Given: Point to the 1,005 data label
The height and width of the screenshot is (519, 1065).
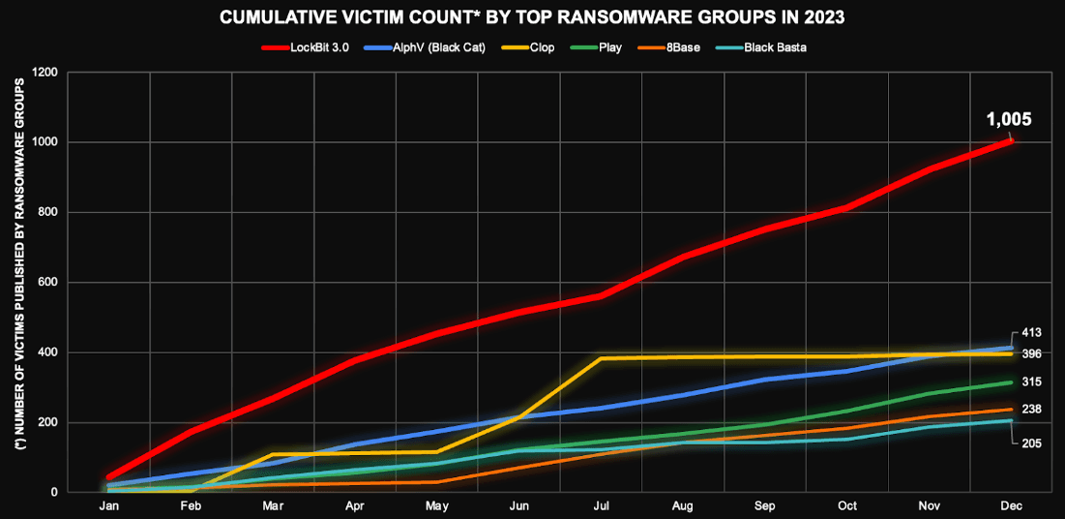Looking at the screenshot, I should click(1009, 120).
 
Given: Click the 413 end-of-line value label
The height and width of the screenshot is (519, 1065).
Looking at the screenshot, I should click(1031, 333).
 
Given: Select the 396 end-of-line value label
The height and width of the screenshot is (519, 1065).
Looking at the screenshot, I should click(1031, 354).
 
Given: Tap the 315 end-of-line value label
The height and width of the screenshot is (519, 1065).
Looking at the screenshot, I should click(1031, 382).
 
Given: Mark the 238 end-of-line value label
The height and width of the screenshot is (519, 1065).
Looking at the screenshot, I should click(1031, 410).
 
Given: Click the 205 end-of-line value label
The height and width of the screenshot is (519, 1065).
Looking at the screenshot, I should click(1031, 442).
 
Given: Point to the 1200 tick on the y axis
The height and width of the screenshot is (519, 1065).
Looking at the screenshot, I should click(45, 73).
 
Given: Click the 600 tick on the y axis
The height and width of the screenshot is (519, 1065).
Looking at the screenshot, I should click(48, 283).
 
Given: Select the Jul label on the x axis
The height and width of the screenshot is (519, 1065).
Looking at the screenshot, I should click(602, 505).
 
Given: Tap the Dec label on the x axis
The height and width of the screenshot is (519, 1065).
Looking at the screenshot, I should click(1012, 505).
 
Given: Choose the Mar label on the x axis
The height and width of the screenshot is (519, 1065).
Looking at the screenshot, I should click(273, 505).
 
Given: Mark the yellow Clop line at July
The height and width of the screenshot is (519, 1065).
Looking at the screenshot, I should click(602, 358).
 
